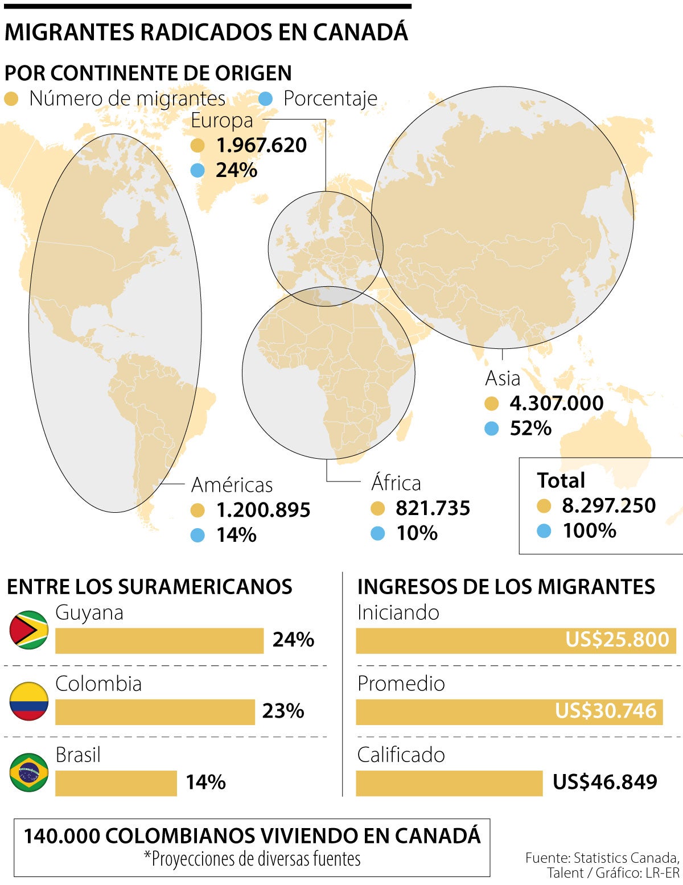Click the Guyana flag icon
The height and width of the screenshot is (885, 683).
(29, 630)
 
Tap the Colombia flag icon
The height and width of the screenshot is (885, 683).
(29, 701)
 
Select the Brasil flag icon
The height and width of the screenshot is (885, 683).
(29, 772)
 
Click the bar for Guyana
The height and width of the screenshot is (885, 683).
(159, 641)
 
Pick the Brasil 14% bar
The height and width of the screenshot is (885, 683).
(116, 783)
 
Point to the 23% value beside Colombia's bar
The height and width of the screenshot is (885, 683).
(283, 711)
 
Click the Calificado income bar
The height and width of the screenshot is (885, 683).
(449, 783)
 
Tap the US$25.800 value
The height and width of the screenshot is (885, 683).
(617, 640)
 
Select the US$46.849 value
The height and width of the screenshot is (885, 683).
(605, 782)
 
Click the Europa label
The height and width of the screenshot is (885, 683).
(222, 121)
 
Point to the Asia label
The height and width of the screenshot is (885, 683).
(503, 378)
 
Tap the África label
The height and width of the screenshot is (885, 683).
(396, 483)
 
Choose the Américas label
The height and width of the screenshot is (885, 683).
(232, 485)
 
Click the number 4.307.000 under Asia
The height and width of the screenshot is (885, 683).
(557, 403)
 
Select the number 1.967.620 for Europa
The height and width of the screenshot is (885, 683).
(261, 145)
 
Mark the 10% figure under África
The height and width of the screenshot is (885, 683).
(417, 533)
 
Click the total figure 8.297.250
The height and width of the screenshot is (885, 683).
(609, 505)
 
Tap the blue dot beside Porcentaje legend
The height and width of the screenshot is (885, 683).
(265, 99)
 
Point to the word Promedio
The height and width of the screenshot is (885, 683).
(401, 684)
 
